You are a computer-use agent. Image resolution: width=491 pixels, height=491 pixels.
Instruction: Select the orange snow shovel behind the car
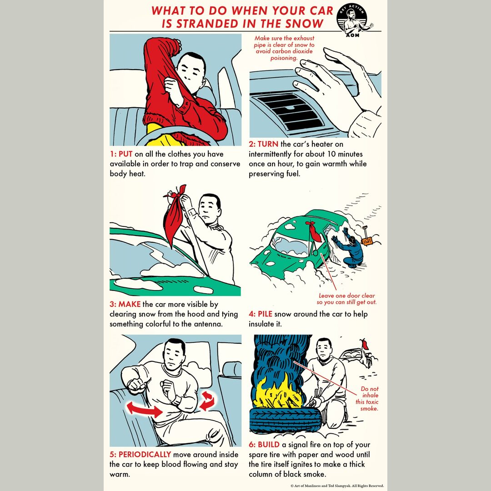click(366, 239)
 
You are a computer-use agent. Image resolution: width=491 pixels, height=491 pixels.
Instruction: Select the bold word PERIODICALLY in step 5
click(145, 454)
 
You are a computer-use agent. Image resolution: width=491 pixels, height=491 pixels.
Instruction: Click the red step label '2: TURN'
click(264, 144)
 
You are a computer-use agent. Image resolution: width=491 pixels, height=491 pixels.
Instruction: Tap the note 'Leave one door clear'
click(346, 299)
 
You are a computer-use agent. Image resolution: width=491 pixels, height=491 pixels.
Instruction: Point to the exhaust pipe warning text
click(284, 48)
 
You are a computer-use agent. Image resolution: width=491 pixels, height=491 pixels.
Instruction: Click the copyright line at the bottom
click(337, 486)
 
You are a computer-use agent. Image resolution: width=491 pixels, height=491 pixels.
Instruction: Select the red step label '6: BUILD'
click(265, 444)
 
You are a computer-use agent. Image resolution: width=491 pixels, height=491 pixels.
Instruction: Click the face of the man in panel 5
click(175, 353)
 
